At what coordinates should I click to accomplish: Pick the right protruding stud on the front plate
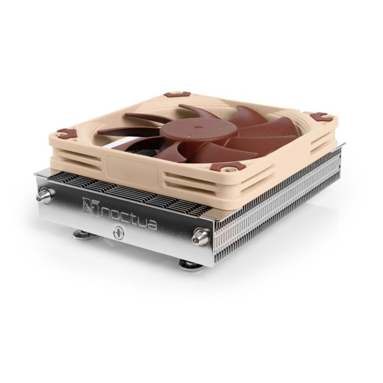tap(200, 237)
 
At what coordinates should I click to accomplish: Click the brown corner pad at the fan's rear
tap(177, 94)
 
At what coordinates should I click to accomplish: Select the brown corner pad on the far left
tap(67, 133)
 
